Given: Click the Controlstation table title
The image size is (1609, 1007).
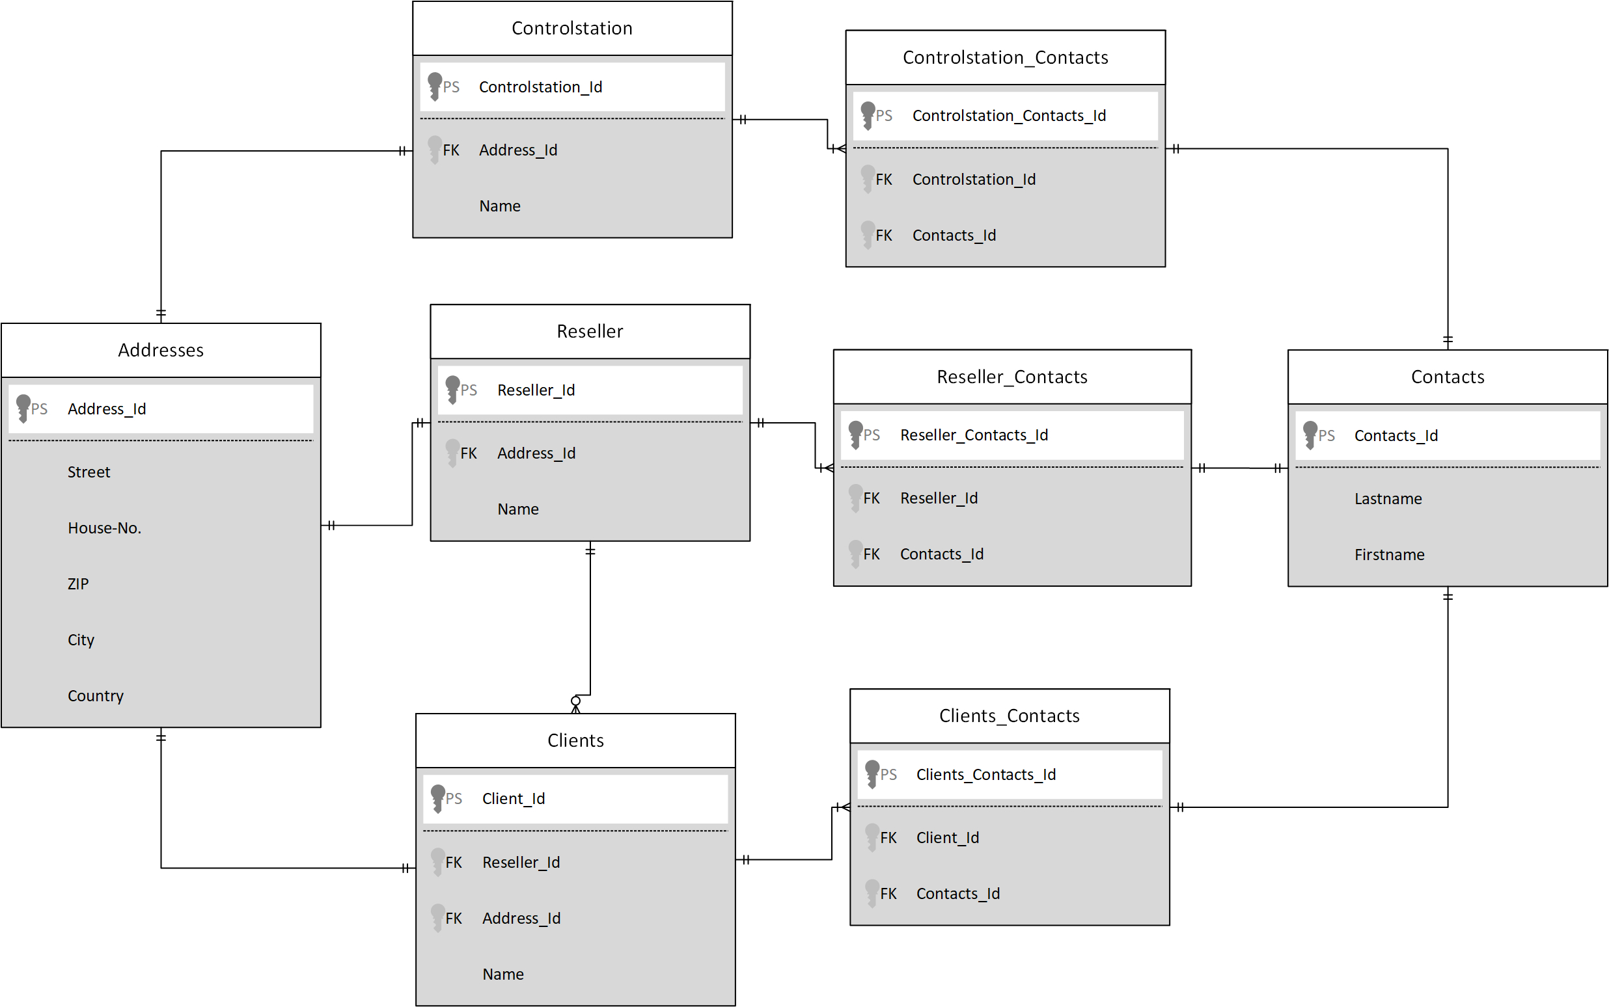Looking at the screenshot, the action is pyautogui.click(x=571, y=28).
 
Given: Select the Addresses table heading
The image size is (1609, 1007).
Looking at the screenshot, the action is pyautogui.click(x=161, y=351).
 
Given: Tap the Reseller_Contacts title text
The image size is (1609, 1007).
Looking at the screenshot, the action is pyautogui.click(x=1011, y=377).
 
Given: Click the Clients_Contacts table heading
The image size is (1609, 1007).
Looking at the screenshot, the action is pyautogui.click(x=1009, y=716).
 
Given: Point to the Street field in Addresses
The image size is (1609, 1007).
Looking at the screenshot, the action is pyautogui.click(x=89, y=472).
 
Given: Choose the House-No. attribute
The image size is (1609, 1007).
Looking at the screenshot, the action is pyautogui.click(x=105, y=528).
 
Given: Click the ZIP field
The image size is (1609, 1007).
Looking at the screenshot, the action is pyautogui.click(x=78, y=584).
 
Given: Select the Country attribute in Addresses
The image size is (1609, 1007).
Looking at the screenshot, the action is pyautogui.click(x=95, y=696).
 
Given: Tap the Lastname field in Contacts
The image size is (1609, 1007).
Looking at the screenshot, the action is pyautogui.click(x=1388, y=499).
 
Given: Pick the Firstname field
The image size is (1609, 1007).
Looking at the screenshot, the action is pyautogui.click(x=1389, y=555).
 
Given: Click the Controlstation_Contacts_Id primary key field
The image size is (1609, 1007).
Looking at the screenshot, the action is pyautogui.click(x=1009, y=116).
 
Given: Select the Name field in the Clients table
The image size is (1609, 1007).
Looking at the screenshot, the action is pyautogui.click(x=503, y=974).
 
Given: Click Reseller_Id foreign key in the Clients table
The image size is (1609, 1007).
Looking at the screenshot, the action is pyautogui.click(x=521, y=863).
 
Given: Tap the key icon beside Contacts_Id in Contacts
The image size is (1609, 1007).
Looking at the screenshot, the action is pyautogui.click(x=1310, y=436).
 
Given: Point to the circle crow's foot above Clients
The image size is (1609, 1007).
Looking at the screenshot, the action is pyautogui.click(x=575, y=704).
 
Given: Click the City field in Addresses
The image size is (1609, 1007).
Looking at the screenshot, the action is pyautogui.click(x=81, y=640).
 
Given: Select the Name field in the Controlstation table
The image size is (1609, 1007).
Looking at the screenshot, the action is pyautogui.click(x=500, y=206).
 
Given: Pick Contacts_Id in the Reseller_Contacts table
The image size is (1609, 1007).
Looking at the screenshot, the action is pyautogui.click(x=941, y=554).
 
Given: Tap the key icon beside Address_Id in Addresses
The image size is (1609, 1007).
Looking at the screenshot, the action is pyautogui.click(x=23, y=409).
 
